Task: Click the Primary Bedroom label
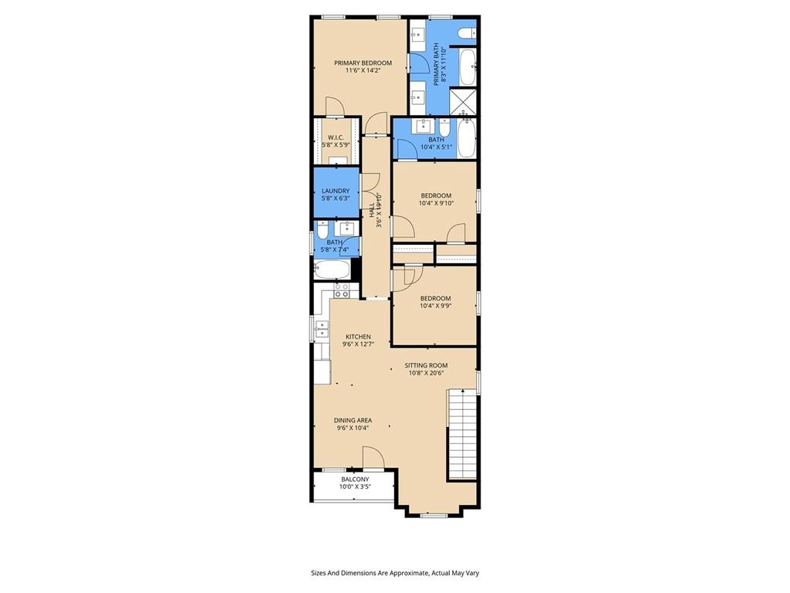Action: tap(363, 63)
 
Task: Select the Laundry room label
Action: tap(336, 191)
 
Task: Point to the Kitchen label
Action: tap(358, 337)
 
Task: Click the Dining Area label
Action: tap(353, 420)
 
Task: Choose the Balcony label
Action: tap(355, 479)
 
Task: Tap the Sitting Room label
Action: tap(427, 365)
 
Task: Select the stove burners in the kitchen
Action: tap(341, 290)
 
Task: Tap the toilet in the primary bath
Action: tap(466, 32)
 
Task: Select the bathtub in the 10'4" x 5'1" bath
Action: tap(465, 138)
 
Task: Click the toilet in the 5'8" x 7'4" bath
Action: tap(323, 230)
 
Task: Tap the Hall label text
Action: tap(375, 211)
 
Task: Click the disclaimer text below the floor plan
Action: tap(395, 573)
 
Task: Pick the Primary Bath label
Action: tap(440, 66)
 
